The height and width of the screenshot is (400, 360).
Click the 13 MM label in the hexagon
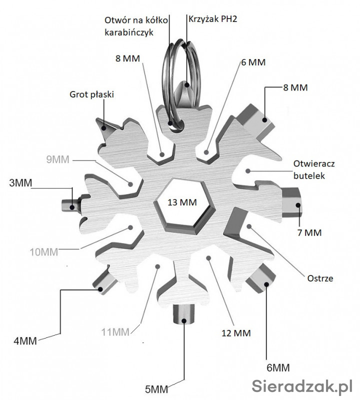(181, 202)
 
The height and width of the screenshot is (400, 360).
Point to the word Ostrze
(320, 278)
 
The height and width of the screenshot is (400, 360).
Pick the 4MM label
(25, 341)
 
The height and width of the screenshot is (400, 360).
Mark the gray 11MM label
(115, 331)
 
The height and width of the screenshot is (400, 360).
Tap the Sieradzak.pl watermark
(302, 385)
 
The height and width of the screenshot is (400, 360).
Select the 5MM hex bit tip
(184, 315)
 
